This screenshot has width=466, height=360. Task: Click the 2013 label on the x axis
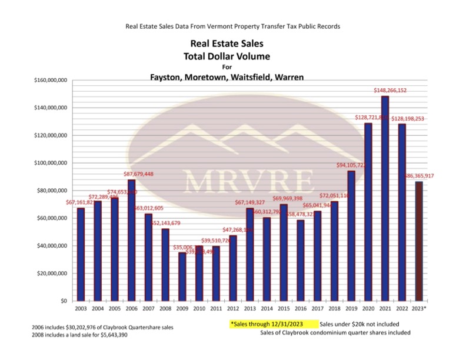[x=249, y=308]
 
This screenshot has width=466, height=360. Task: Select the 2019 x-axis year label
[x=351, y=308]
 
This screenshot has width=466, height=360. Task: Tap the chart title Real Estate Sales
[x=227, y=44]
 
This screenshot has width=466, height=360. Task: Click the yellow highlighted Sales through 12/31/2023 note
[x=272, y=324]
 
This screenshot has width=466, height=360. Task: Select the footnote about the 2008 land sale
[x=88, y=335]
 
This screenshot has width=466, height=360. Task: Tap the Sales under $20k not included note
[x=360, y=324]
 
